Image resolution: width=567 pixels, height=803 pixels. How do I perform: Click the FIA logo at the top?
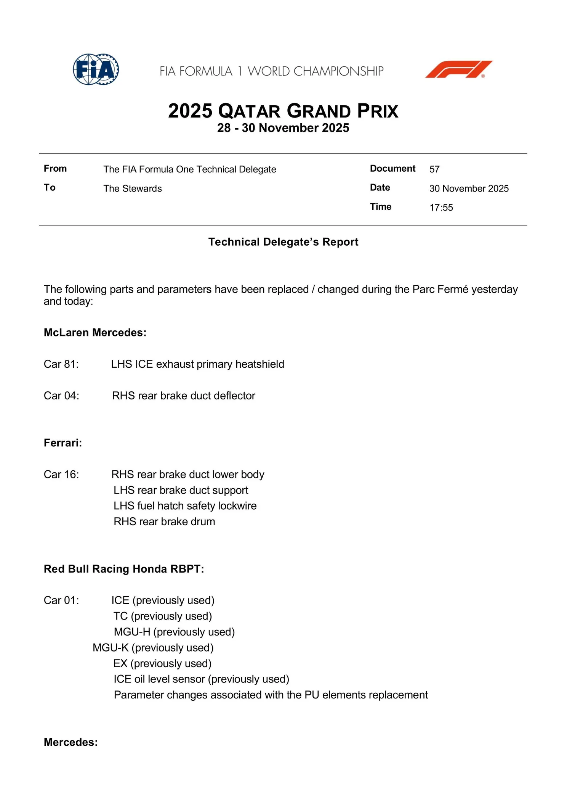[x=96, y=69]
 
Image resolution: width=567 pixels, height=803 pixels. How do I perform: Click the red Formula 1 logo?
[x=458, y=69]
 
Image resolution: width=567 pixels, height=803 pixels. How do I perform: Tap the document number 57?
[x=434, y=169]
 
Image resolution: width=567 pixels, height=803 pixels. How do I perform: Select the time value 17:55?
[x=441, y=208]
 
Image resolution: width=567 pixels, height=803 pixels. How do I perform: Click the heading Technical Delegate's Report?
[x=283, y=242]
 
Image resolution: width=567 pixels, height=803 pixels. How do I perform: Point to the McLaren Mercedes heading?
[x=95, y=333]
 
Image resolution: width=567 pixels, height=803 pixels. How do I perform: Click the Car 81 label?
[x=61, y=364]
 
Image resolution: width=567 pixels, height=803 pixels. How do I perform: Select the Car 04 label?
[x=61, y=396]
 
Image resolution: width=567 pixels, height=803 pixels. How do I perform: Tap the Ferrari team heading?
[x=63, y=443]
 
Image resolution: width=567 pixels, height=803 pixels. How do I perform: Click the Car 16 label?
[x=61, y=475]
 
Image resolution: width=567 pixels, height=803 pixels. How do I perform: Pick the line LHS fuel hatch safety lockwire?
[x=185, y=506]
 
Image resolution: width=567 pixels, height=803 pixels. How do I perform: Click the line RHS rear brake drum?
[x=164, y=522]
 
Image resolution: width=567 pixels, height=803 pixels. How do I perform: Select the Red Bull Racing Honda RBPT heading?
[x=124, y=569]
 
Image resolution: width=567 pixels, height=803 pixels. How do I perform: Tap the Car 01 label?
[x=61, y=600]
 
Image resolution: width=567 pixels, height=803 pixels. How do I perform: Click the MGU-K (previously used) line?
[x=153, y=648]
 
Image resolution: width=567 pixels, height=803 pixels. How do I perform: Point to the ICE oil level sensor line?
[x=201, y=679]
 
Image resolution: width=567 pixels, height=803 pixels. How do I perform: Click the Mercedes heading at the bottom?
[x=70, y=742]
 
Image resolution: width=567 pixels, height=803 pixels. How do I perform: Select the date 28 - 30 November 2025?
[x=283, y=128]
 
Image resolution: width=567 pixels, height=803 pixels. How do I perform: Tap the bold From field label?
[x=55, y=169]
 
